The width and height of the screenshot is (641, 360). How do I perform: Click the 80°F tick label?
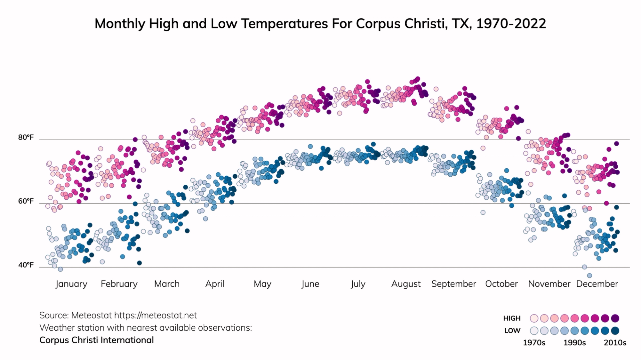click(26, 137)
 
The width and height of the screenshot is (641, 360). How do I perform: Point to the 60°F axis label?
click(26, 201)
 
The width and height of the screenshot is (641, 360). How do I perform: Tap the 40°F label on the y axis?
click(26, 265)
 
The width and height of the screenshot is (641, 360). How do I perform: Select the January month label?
click(71, 284)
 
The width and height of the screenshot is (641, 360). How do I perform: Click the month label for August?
click(406, 284)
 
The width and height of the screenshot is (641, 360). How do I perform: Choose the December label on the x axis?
click(597, 284)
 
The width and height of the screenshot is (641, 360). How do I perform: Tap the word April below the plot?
click(215, 284)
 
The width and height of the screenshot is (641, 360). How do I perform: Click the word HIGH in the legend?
click(512, 318)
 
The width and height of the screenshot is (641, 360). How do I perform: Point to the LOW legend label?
click(512, 331)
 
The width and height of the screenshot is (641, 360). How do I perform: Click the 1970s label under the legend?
click(534, 343)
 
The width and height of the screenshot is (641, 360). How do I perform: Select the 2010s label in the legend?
click(615, 343)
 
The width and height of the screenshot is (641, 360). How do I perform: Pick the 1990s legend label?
click(574, 343)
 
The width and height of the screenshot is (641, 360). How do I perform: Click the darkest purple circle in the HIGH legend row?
click(615, 318)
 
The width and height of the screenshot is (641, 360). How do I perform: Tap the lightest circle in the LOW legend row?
click(534, 331)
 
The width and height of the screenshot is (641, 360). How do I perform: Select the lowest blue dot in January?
click(60, 269)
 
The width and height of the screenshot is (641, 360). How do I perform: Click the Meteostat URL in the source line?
click(155, 315)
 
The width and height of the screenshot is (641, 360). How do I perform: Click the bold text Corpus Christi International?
click(96, 340)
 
